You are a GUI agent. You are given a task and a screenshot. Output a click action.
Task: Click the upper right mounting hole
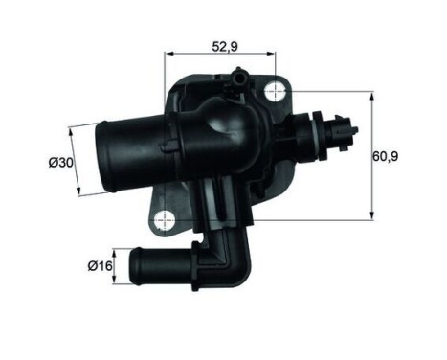point(277,92)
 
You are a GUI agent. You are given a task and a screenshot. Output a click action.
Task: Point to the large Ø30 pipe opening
point(104,157)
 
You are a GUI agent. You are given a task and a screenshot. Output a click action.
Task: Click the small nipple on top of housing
point(237,76)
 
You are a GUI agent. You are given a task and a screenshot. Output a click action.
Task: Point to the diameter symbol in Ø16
point(90,265)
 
